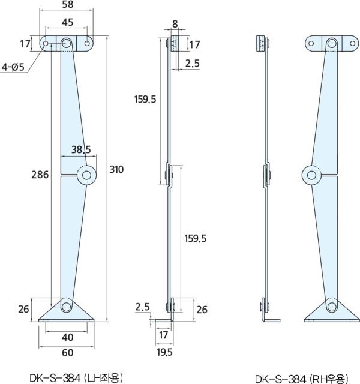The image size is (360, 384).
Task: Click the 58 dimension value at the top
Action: (68, 4)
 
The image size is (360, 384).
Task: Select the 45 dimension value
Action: (67, 22)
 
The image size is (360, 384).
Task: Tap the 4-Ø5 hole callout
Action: (13, 67)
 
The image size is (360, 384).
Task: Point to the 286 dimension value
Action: (40, 175)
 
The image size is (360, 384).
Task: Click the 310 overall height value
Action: (116, 169)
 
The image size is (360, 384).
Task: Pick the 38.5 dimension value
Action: (81, 149)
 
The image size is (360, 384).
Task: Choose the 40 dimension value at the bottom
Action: (68, 337)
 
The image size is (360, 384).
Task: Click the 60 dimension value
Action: (68, 353)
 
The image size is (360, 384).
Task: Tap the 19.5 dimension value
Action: (164, 352)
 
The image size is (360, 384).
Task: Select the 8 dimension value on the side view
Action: (175, 24)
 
